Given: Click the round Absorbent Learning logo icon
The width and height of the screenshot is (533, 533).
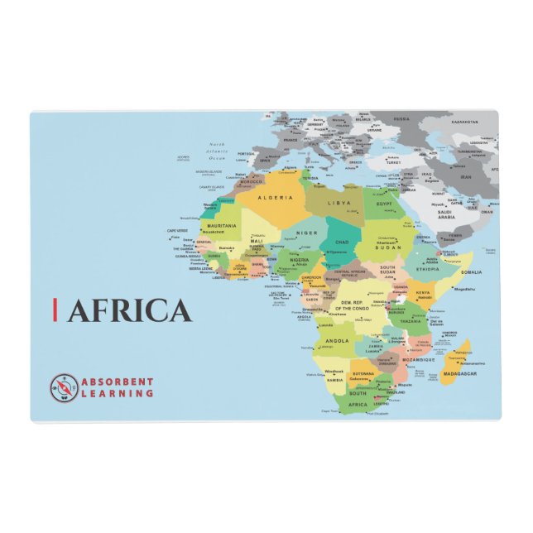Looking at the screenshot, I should tap(64, 387).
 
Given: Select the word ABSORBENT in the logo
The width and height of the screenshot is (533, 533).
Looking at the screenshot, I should tap(117, 381).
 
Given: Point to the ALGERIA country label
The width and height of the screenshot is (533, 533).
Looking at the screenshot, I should tap(276, 199).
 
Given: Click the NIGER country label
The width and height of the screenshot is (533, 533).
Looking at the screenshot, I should tap(307, 233).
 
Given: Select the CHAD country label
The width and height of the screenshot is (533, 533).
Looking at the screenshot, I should tap(341, 242).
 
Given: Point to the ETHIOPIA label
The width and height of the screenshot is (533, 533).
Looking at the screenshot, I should tap(428, 268).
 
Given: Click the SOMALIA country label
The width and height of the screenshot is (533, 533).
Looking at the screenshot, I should tap(471, 271).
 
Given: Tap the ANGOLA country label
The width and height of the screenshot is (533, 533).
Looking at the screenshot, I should tap(337, 340).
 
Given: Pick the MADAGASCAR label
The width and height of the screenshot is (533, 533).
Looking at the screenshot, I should tap(459, 374).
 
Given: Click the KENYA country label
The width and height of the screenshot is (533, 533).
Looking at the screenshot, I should tap(423, 292).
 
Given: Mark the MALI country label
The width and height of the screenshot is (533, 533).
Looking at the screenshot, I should tap(257, 241).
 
